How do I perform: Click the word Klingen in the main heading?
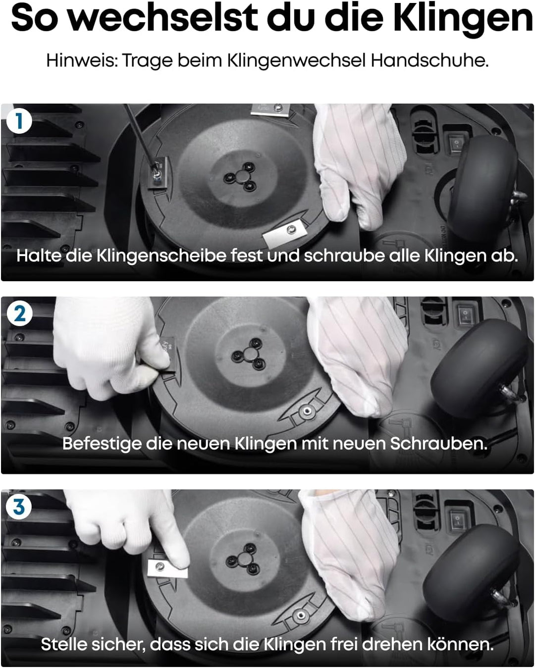[463, 19]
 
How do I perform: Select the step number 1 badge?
[19, 121]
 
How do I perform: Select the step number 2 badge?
[19, 314]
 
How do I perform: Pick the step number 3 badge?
[19, 507]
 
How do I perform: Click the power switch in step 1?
[455, 144]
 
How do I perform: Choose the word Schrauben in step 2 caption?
[438, 444]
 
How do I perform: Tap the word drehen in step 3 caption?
[392, 644]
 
